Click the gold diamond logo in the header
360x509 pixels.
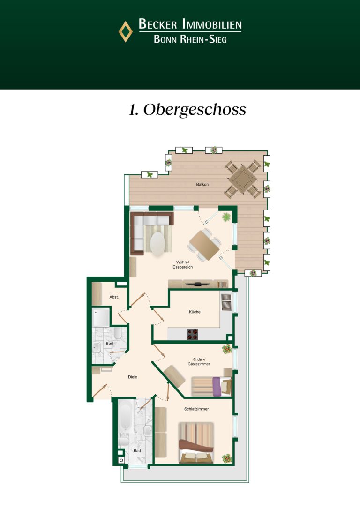(126, 31)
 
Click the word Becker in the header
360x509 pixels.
(158, 24)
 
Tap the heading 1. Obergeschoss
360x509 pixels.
(187, 110)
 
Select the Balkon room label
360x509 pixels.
(202, 184)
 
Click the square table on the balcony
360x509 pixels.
(242, 179)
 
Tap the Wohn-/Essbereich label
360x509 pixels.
(183, 264)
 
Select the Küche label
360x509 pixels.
(195, 312)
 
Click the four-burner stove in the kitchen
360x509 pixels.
(193, 334)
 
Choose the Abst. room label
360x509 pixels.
(114, 297)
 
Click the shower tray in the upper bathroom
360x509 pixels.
(101, 317)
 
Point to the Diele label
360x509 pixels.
(133, 377)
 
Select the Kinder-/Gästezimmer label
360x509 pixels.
(199, 362)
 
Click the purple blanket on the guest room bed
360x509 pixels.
(217, 386)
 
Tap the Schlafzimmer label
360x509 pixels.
(196, 409)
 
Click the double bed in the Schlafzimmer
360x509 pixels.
(196, 442)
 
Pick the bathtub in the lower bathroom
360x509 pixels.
(126, 416)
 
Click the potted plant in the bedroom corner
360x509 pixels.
(227, 458)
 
